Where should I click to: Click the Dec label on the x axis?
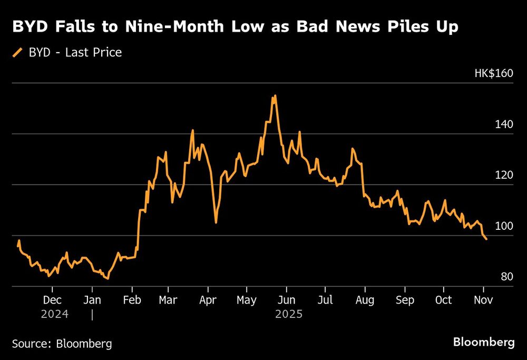click(52, 300)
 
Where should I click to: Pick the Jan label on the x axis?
click(92, 300)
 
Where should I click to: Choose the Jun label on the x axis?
click(286, 300)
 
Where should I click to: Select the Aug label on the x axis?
click(365, 300)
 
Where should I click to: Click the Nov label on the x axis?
click(483, 300)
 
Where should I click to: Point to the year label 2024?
click(55, 314)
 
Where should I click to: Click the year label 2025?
click(288, 314)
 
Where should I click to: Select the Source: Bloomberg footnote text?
click(62, 344)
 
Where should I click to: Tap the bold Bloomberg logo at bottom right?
click(484, 343)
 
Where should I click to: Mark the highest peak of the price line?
click(275, 96)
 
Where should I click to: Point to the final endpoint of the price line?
click(486, 239)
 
